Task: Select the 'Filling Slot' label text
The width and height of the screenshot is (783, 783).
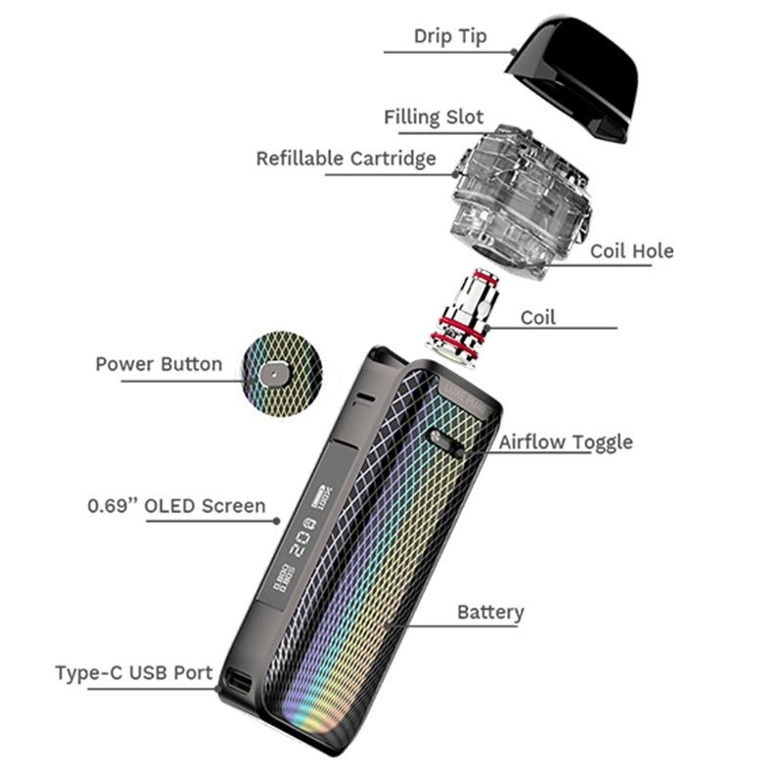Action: tap(434, 117)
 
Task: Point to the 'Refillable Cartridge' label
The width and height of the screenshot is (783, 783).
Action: tap(346, 159)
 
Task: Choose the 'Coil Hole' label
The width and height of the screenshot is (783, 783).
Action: tap(631, 252)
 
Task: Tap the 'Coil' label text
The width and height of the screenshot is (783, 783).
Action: tap(538, 318)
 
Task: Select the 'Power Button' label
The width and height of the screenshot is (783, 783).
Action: tap(159, 364)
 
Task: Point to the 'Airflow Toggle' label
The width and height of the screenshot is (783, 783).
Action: tap(566, 442)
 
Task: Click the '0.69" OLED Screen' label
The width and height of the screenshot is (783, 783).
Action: tap(176, 506)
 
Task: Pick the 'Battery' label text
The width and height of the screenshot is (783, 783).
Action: tap(490, 613)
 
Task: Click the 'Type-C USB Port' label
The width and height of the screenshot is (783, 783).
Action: tap(133, 673)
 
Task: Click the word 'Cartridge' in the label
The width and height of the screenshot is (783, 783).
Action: tap(393, 159)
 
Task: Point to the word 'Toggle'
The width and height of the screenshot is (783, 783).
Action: tap(599, 442)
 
